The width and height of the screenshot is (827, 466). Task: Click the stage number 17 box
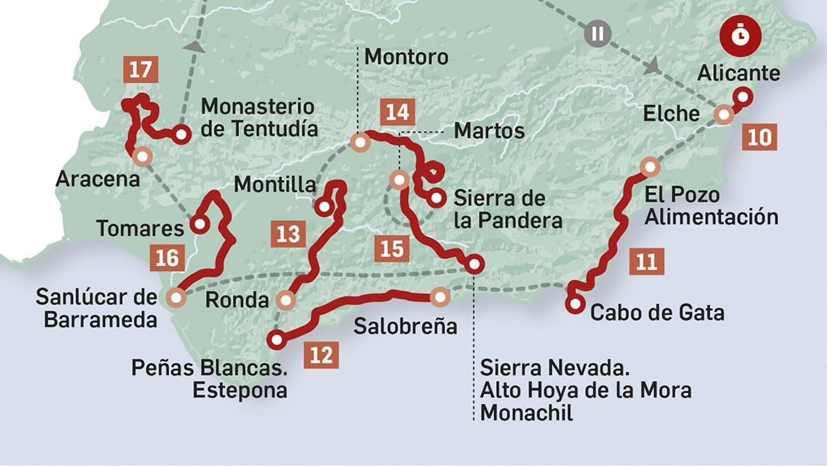141,69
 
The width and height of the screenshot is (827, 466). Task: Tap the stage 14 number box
397,112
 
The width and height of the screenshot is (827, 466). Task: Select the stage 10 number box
759,137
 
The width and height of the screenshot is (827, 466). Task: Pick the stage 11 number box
647,261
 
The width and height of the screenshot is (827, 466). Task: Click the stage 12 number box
321,355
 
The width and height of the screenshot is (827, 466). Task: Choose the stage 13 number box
288,234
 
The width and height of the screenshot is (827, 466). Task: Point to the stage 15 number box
391,249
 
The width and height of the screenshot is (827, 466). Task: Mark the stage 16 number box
167,258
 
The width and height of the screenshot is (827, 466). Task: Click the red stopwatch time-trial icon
741,36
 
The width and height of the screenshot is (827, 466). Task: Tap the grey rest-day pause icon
598,34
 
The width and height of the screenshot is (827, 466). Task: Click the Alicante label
739,73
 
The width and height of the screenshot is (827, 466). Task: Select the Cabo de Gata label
657,312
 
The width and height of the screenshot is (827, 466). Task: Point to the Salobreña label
405,326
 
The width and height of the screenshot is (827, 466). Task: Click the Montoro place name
406,57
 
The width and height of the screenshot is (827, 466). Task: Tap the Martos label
489,131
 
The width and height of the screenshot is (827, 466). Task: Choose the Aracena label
98,179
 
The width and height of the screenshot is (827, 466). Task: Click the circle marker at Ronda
285,300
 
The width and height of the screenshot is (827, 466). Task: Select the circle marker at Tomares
200,224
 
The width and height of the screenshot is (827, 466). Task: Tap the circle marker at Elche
724,114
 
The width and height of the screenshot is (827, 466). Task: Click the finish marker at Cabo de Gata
575,304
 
